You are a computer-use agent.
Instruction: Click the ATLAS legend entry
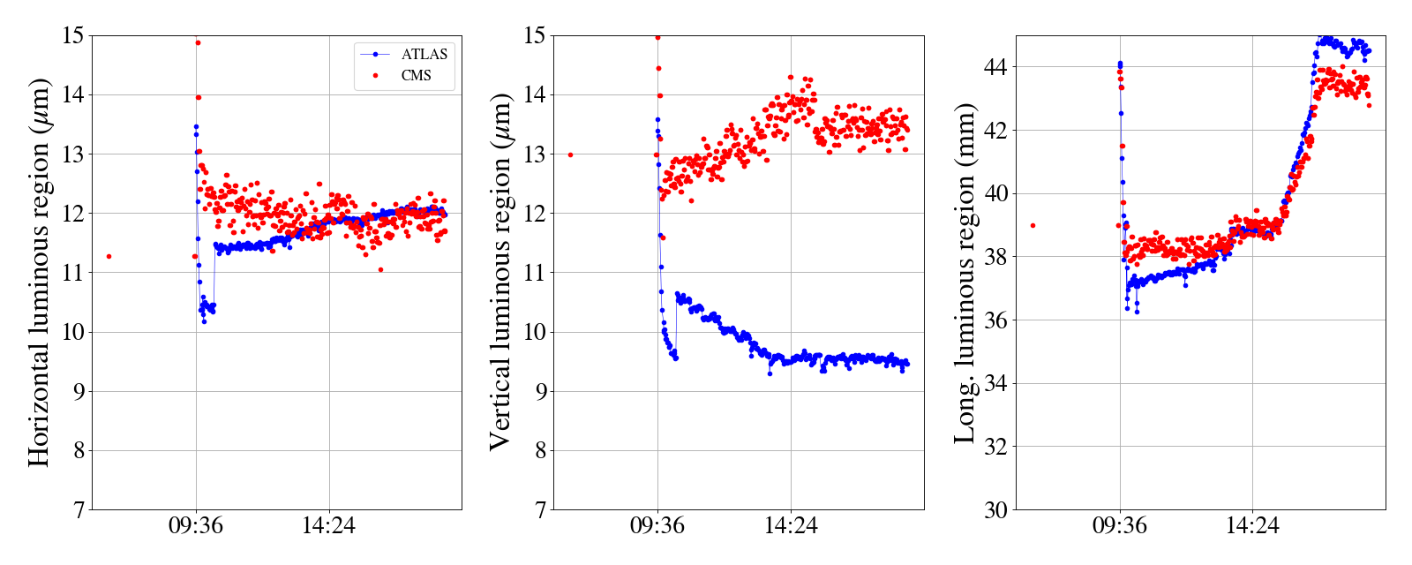[424, 54]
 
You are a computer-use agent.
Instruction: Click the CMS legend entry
[416, 76]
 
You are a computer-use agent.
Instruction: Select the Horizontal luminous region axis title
[39, 272]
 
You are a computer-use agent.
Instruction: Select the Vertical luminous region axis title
[499, 272]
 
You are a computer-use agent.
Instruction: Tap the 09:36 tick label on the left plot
[196, 526]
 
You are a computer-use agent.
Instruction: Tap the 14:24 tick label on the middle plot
[791, 526]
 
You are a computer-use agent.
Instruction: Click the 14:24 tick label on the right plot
[1252, 526]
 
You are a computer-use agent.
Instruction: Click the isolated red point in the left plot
[109, 256]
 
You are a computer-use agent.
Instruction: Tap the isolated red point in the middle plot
[570, 154]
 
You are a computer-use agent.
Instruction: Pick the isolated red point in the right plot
[1033, 225]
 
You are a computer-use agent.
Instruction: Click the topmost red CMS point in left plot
[198, 42]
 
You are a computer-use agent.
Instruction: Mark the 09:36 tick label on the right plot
[1120, 526]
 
